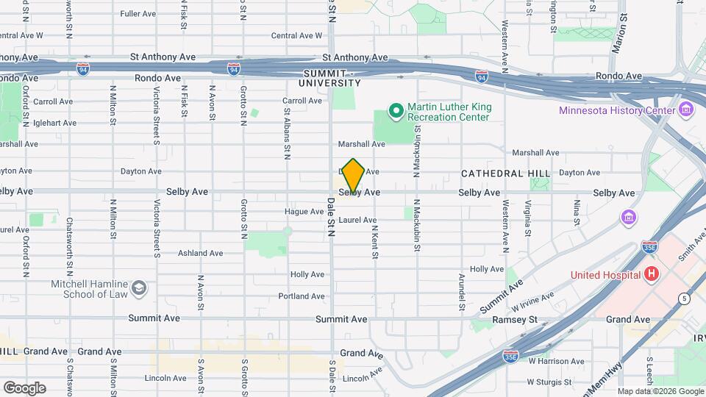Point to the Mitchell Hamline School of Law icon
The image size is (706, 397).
(139, 289)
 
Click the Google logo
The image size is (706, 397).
(24, 387)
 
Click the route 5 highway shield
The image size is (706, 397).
(685, 298)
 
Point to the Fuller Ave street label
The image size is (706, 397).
(138, 14)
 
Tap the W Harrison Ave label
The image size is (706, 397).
(555, 361)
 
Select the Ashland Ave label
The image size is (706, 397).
(200, 253)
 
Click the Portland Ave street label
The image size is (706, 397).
(302, 296)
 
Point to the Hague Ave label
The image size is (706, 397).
(304, 212)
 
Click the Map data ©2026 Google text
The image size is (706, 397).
(659, 391)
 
